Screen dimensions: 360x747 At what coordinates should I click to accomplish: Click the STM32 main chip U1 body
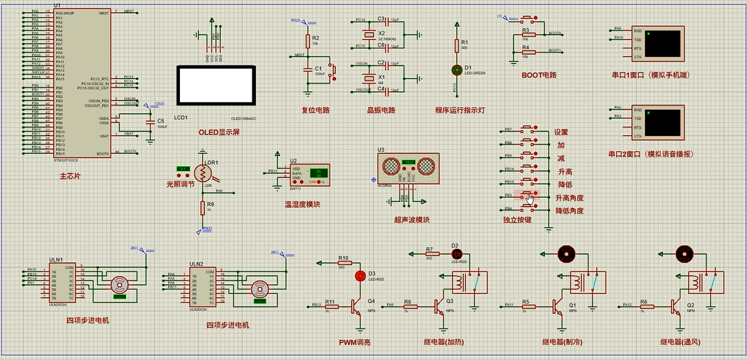click(x=82, y=82)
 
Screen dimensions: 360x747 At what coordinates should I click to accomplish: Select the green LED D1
click(x=457, y=70)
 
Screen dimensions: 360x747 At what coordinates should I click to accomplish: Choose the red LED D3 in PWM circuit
click(x=361, y=276)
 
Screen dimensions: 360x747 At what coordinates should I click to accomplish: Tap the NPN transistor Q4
click(x=356, y=305)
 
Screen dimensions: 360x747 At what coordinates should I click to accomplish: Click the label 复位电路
click(x=315, y=110)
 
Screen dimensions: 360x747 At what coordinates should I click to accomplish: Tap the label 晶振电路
click(x=381, y=110)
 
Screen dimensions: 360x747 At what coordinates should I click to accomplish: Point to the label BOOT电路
click(x=538, y=75)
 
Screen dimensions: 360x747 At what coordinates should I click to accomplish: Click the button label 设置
click(x=561, y=132)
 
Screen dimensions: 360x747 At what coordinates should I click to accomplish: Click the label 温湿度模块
click(x=302, y=204)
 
